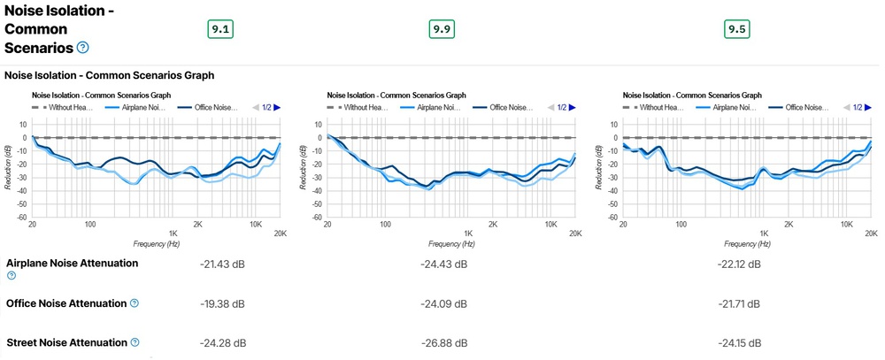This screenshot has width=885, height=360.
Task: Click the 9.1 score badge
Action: pos(220,29)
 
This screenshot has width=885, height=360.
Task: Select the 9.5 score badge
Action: pos(736,29)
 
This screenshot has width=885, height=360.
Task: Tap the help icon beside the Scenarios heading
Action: pos(83,47)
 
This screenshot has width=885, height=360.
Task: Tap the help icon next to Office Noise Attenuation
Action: pos(135,303)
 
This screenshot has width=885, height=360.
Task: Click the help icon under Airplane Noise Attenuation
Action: pos(11,276)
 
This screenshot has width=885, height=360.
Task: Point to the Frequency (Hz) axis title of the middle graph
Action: pos(453,242)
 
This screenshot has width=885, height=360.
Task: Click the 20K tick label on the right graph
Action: pos(869,234)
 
